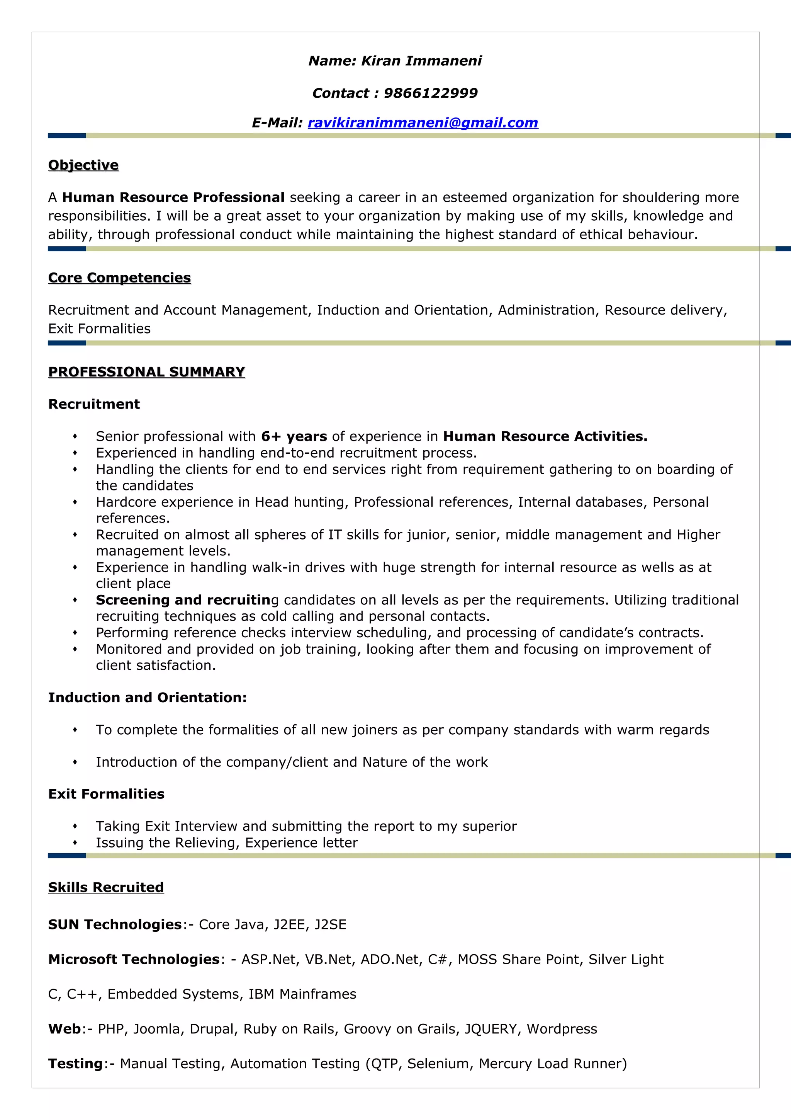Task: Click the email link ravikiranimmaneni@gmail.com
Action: click(x=423, y=123)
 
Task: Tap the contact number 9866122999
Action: click(x=430, y=93)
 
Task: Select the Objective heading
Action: click(x=83, y=165)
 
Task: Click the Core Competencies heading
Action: click(x=119, y=278)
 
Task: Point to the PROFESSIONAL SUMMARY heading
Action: click(x=146, y=372)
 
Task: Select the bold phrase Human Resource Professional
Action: click(x=173, y=197)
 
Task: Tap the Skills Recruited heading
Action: click(x=106, y=887)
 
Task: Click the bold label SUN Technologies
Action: click(x=115, y=925)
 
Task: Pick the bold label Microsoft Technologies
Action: click(x=134, y=960)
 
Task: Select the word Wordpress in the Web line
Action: click(x=562, y=1029)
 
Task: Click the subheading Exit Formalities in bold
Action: click(x=106, y=794)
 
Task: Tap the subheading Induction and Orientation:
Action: click(x=147, y=698)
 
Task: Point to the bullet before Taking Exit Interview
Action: click(x=75, y=826)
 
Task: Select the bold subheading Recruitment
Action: click(x=94, y=404)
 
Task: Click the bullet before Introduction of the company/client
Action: click(x=75, y=763)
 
